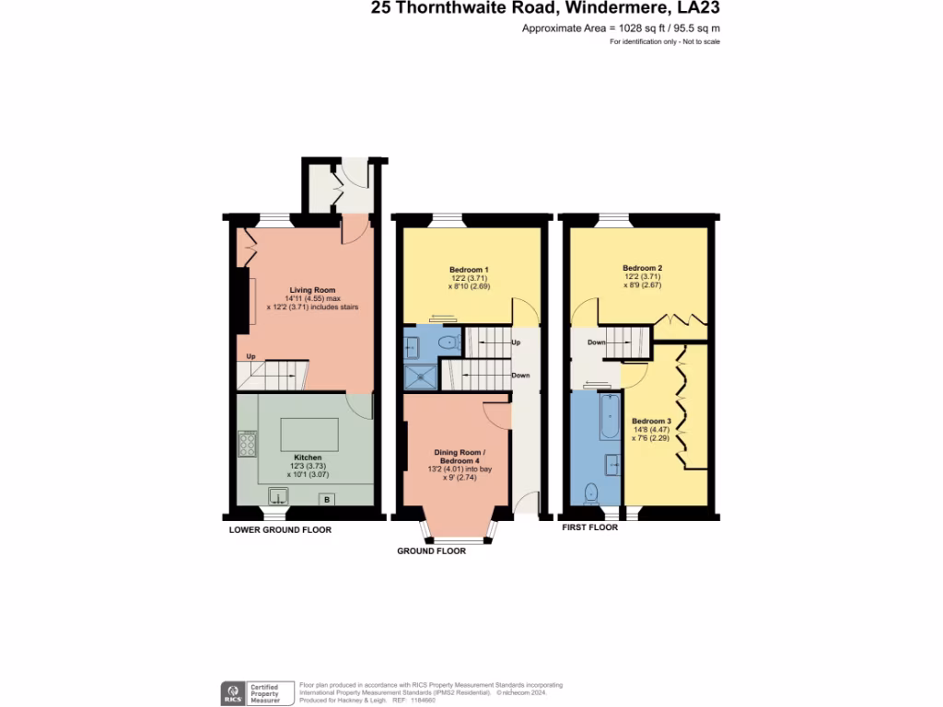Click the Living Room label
308,289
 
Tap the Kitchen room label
308,457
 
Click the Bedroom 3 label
651,421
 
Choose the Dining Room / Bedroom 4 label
458,456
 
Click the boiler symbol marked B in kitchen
325,499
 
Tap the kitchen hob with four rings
247,445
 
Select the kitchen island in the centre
309,432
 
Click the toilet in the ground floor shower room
447,342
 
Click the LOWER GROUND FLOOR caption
280,530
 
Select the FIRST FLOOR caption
589,527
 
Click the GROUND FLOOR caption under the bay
431,551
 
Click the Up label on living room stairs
250,356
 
